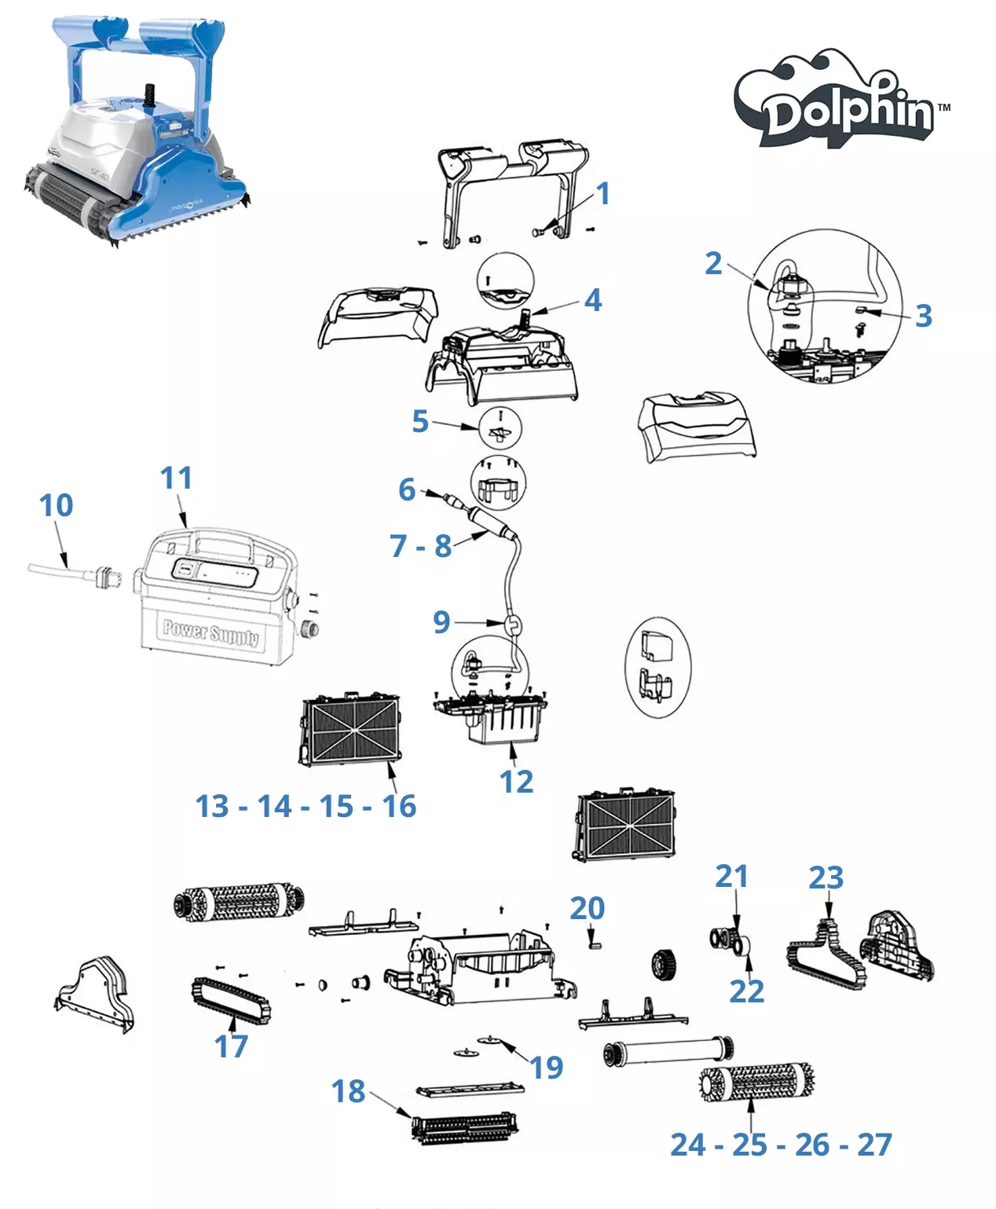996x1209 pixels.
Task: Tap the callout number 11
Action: click(176, 478)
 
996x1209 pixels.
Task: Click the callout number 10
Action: click(57, 505)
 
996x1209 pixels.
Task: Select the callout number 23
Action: click(826, 877)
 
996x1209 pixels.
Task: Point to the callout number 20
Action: click(587, 908)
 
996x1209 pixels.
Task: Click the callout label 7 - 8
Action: click(421, 545)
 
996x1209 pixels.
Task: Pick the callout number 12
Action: click(516, 782)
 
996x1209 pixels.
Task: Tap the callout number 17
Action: click(231, 1046)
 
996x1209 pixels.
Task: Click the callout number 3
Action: click(923, 316)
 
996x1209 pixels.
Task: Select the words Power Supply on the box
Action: click(210, 632)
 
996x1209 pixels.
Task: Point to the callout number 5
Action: click(420, 421)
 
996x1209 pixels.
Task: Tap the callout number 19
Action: click(546, 1067)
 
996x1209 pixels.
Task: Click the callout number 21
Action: click(731, 876)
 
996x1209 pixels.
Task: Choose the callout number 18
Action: click(348, 1090)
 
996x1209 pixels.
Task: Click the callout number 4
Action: click(593, 299)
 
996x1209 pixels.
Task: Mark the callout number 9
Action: click(441, 622)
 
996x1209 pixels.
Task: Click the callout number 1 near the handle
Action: click(602, 193)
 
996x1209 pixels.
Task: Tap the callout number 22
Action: click(746, 991)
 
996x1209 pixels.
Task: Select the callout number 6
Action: click(406, 489)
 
